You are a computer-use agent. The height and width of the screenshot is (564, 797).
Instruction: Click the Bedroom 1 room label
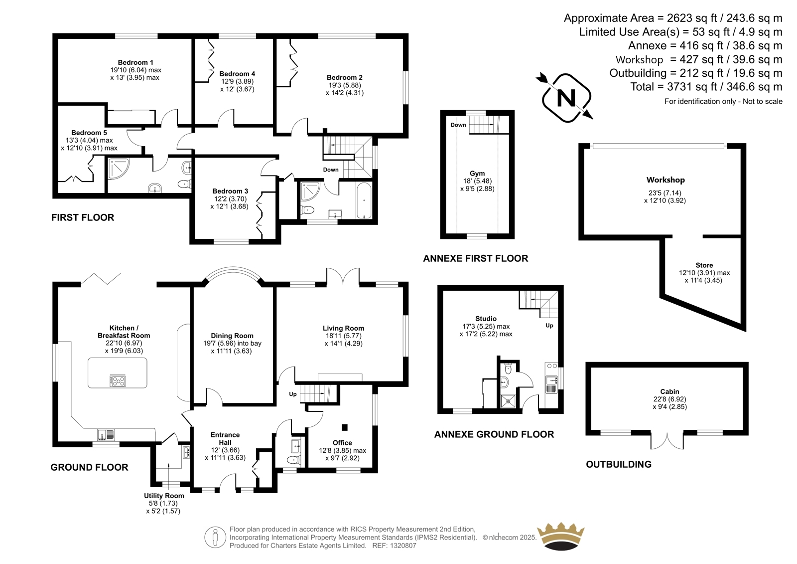coord(135,63)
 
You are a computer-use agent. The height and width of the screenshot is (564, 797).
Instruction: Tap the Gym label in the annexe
coord(477,174)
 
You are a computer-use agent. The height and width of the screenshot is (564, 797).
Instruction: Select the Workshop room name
coord(665,180)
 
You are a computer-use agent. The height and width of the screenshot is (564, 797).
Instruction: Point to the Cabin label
coord(669,391)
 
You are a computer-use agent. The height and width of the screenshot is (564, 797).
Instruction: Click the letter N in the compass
coord(566,98)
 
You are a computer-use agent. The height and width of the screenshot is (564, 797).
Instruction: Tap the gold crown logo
coord(560,537)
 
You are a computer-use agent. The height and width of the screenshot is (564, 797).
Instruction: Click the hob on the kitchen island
coord(118,381)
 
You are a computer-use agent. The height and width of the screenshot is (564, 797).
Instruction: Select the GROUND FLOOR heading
coord(90,467)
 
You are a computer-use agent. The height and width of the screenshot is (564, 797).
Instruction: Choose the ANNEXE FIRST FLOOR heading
coord(475,258)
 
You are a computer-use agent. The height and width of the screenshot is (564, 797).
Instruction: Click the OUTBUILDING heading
coord(619,464)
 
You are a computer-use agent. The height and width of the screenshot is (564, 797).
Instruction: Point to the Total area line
coord(706,87)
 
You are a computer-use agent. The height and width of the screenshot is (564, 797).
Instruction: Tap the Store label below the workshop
coord(704,265)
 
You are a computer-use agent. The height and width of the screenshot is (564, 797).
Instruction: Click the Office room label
coord(342,443)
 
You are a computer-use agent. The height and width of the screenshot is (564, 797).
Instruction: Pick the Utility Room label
coord(164,496)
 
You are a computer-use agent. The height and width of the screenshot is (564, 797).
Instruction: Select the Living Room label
coord(343,328)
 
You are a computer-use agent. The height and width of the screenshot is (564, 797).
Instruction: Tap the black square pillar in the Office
coord(344,427)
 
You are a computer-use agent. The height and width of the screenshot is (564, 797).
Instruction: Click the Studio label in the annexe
coord(486,319)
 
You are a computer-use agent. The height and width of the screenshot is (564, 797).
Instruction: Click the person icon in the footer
coord(215,537)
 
